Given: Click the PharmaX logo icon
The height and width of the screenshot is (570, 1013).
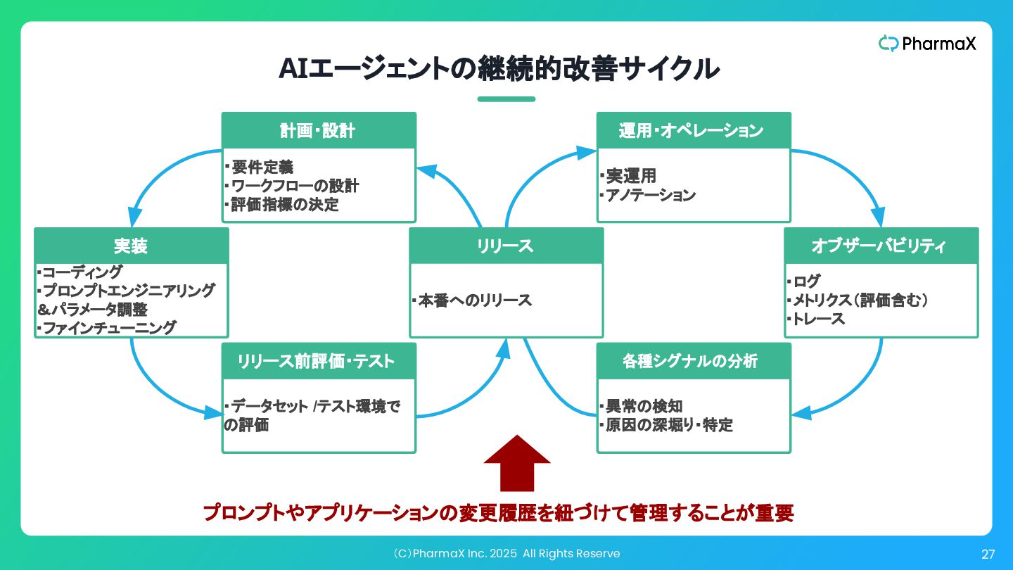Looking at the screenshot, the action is (888, 44).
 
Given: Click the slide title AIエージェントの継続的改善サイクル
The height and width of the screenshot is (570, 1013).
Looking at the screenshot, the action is (499, 69).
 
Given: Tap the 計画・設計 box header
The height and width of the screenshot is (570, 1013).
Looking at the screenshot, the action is (319, 130).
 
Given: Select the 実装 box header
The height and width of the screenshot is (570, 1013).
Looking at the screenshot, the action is (132, 246).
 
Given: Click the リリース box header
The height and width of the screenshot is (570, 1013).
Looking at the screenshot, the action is (506, 246).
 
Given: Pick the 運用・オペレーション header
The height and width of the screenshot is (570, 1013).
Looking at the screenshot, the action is (694, 130).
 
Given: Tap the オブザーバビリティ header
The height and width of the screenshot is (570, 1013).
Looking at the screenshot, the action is (881, 246).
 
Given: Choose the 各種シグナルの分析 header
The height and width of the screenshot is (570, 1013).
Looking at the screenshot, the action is (694, 361).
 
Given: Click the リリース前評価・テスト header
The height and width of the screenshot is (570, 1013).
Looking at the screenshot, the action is (319, 361).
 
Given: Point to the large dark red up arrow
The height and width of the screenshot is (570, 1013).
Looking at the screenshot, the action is (517, 463).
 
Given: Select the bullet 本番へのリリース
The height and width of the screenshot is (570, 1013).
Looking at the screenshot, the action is (472, 300).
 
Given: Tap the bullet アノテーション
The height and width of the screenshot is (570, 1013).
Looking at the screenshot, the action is (648, 195).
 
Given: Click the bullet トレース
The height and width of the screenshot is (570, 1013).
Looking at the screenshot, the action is (816, 319).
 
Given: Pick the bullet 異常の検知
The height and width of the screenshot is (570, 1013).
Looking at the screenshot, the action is (642, 406).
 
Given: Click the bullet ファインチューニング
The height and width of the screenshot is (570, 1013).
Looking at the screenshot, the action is (107, 327).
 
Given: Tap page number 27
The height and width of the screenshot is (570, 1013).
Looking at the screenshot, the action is (988, 555).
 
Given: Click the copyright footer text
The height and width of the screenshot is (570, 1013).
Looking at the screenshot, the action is (507, 553).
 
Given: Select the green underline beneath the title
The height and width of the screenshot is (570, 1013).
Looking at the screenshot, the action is (507, 99).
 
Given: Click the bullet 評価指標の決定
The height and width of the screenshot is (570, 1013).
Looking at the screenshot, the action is (281, 205).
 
